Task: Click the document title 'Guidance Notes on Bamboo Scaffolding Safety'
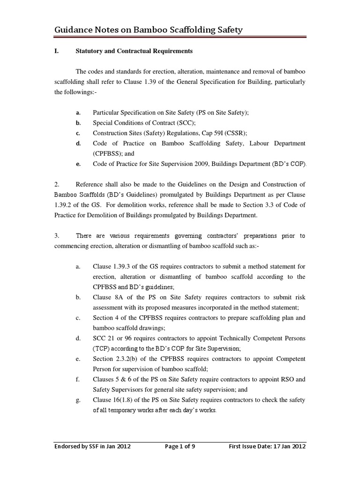point(149,30)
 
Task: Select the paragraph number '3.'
point(57,236)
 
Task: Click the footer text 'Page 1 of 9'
point(180,447)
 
